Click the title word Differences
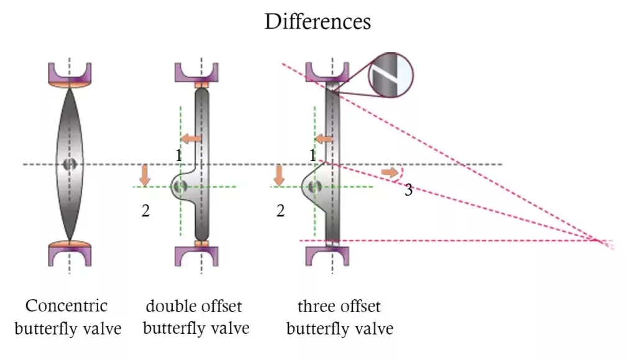pyautogui.click(x=318, y=22)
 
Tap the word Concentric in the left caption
pyautogui.click(x=66, y=306)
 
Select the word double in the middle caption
pyautogui.click(x=166, y=306)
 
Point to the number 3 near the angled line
pyautogui.click(x=408, y=190)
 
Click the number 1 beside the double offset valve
pyautogui.click(x=179, y=155)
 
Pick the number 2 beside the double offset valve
pyautogui.click(x=145, y=211)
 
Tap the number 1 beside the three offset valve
pyautogui.click(x=313, y=155)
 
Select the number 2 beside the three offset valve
pyautogui.click(x=280, y=211)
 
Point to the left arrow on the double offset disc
pyautogui.click(x=191, y=138)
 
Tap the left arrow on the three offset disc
pyautogui.click(x=324, y=138)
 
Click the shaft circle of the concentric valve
pyautogui.click(x=69, y=164)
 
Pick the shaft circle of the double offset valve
pyautogui.click(x=180, y=186)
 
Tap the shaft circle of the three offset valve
pyautogui.click(x=314, y=186)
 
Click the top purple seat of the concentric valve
pyautogui.click(x=70, y=73)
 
